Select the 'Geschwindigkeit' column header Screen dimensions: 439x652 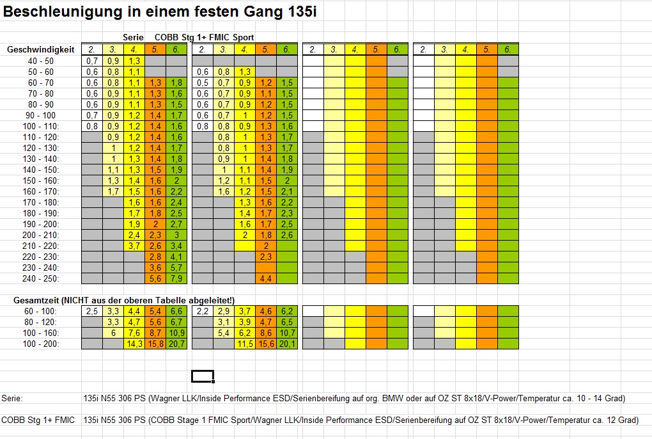point(41,49)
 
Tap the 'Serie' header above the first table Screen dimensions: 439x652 point(133,38)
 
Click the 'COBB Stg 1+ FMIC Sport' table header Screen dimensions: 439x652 point(204,38)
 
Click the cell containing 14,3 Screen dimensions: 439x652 point(134,344)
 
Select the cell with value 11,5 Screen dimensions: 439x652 point(245,344)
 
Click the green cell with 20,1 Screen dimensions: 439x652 point(287,344)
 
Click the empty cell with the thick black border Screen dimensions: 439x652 point(203,376)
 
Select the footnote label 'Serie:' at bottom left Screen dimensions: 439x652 point(12,398)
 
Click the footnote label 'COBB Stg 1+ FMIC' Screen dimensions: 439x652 point(38,420)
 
